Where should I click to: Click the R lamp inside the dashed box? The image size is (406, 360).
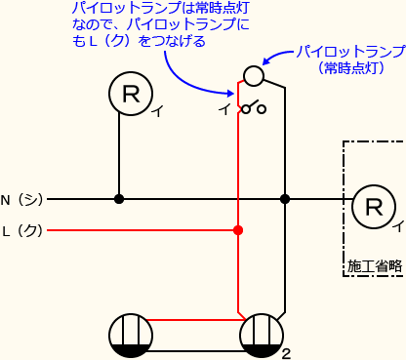tap(374, 206)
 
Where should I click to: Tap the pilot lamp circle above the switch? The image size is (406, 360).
tap(253, 76)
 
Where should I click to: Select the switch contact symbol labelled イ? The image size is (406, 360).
tap(254, 107)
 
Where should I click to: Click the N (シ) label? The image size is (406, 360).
tap(21, 199)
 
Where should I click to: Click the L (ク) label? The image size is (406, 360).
tap(21, 230)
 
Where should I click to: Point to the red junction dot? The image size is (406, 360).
tap(238, 230)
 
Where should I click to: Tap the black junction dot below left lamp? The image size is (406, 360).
tap(119, 199)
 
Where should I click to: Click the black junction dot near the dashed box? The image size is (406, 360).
tap(285, 199)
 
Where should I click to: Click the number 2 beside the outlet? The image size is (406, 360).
tap(286, 353)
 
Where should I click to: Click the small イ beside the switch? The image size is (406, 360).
tap(223, 108)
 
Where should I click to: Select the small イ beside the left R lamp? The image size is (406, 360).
tap(156, 112)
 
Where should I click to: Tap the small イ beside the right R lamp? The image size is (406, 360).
tap(398, 225)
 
